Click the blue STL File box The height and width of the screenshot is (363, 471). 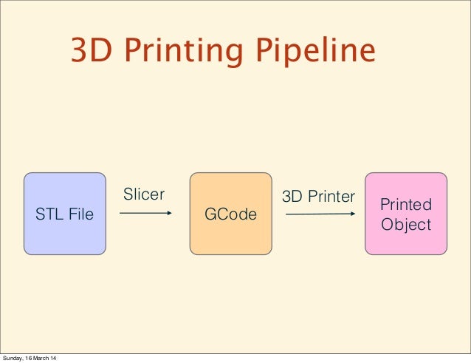coord(65,214)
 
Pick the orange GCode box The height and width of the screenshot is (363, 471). coord(231,214)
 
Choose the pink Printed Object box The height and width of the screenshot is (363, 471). coord(406,214)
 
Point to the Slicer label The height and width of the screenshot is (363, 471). coord(143,194)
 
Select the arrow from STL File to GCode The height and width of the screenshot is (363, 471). coord(145,214)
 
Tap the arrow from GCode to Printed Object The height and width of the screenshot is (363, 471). coord(320,215)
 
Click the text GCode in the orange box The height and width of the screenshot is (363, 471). coord(231,214)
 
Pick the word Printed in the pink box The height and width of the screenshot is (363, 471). coord(406,204)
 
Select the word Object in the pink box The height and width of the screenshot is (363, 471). coord(406,224)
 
